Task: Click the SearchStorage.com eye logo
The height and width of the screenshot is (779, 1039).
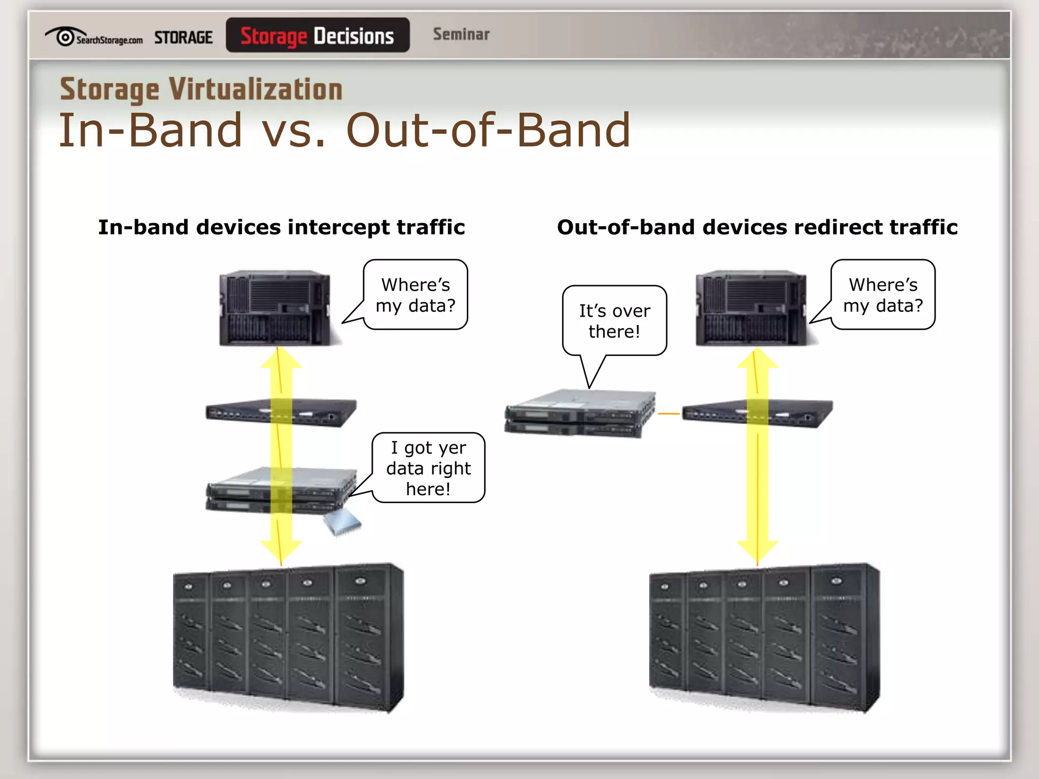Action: tap(64, 37)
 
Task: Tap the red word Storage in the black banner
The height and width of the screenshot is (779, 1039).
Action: tap(273, 36)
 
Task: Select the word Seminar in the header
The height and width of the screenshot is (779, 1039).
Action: tap(461, 34)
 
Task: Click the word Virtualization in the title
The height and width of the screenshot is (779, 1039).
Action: tap(256, 90)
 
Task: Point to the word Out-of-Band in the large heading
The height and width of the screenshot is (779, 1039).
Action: tap(488, 130)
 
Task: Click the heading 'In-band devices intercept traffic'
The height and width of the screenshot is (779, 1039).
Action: tap(281, 227)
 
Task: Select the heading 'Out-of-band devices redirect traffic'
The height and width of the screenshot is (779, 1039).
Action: tap(757, 227)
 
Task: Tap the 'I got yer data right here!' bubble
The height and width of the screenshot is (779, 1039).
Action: tap(428, 468)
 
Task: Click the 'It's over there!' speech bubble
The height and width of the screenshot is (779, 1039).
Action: tap(614, 321)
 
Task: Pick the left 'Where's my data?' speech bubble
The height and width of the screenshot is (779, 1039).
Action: tap(415, 295)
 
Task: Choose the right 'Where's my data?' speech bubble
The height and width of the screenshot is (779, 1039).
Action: tap(883, 295)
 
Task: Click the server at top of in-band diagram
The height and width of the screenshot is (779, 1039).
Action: tap(274, 308)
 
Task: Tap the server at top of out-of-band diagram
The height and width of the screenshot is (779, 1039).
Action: tap(751, 308)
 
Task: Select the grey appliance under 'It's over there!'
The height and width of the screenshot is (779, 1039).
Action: tap(580, 413)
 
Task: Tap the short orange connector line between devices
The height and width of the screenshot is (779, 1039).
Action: tap(668, 414)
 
